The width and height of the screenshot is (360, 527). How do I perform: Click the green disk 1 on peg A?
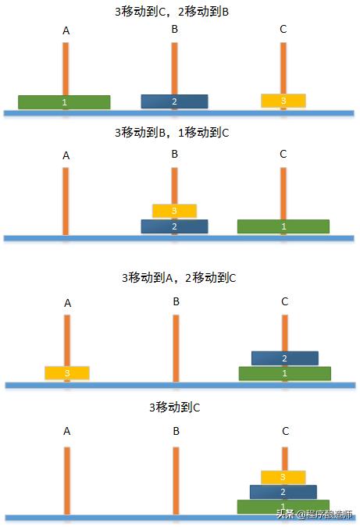click(x=64, y=102)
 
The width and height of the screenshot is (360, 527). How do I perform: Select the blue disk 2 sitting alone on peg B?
click(x=174, y=101)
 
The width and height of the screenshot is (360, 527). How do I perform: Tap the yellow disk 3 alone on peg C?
click(x=283, y=101)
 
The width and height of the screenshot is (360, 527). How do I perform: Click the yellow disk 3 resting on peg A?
click(x=67, y=373)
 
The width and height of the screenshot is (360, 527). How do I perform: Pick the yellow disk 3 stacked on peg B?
click(x=174, y=211)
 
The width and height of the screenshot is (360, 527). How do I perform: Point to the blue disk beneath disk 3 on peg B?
click(x=174, y=226)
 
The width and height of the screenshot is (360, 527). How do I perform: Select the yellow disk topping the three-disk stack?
click(x=283, y=476)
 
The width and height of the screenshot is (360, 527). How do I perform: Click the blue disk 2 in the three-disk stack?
click(x=283, y=492)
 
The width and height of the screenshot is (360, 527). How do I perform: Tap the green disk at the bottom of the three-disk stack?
click(x=283, y=507)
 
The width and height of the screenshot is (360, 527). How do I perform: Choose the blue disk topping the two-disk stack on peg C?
click(x=284, y=358)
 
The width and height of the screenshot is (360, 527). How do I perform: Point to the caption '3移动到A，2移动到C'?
click(x=179, y=277)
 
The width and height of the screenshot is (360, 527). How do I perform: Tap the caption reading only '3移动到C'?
click(x=175, y=408)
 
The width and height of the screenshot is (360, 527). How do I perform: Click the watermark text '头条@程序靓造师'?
click(x=313, y=515)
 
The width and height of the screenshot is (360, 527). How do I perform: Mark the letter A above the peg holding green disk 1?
click(x=66, y=31)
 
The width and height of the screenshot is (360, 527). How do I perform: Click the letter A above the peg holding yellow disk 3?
click(x=67, y=303)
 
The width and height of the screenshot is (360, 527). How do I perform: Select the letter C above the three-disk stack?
click(x=285, y=431)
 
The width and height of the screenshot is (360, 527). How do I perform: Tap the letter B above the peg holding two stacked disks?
click(x=175, y=154)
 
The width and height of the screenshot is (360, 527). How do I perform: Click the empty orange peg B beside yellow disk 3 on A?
click(x=176, y=347)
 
